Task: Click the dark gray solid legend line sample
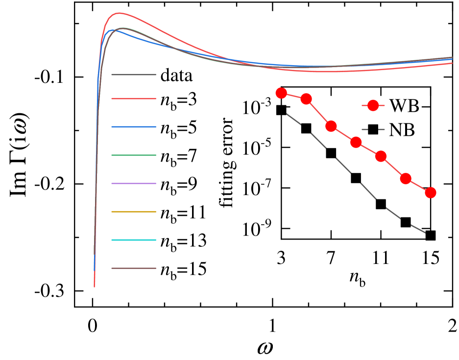134,75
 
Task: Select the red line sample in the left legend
134,99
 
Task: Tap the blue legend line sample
134,127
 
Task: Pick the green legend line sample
134,155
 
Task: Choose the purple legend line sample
134,184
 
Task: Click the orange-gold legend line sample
134,212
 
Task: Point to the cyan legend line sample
134,240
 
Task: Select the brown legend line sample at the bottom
134,268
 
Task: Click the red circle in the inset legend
373,105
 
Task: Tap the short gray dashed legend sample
373,130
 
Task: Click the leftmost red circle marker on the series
281,93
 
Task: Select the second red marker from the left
306,99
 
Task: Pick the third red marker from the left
331,126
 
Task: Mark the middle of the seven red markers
356,142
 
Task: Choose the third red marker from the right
381,156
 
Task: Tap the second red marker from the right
406,178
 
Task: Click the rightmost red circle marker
431,192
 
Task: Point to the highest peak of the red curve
119,13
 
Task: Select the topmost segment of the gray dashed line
293,119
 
